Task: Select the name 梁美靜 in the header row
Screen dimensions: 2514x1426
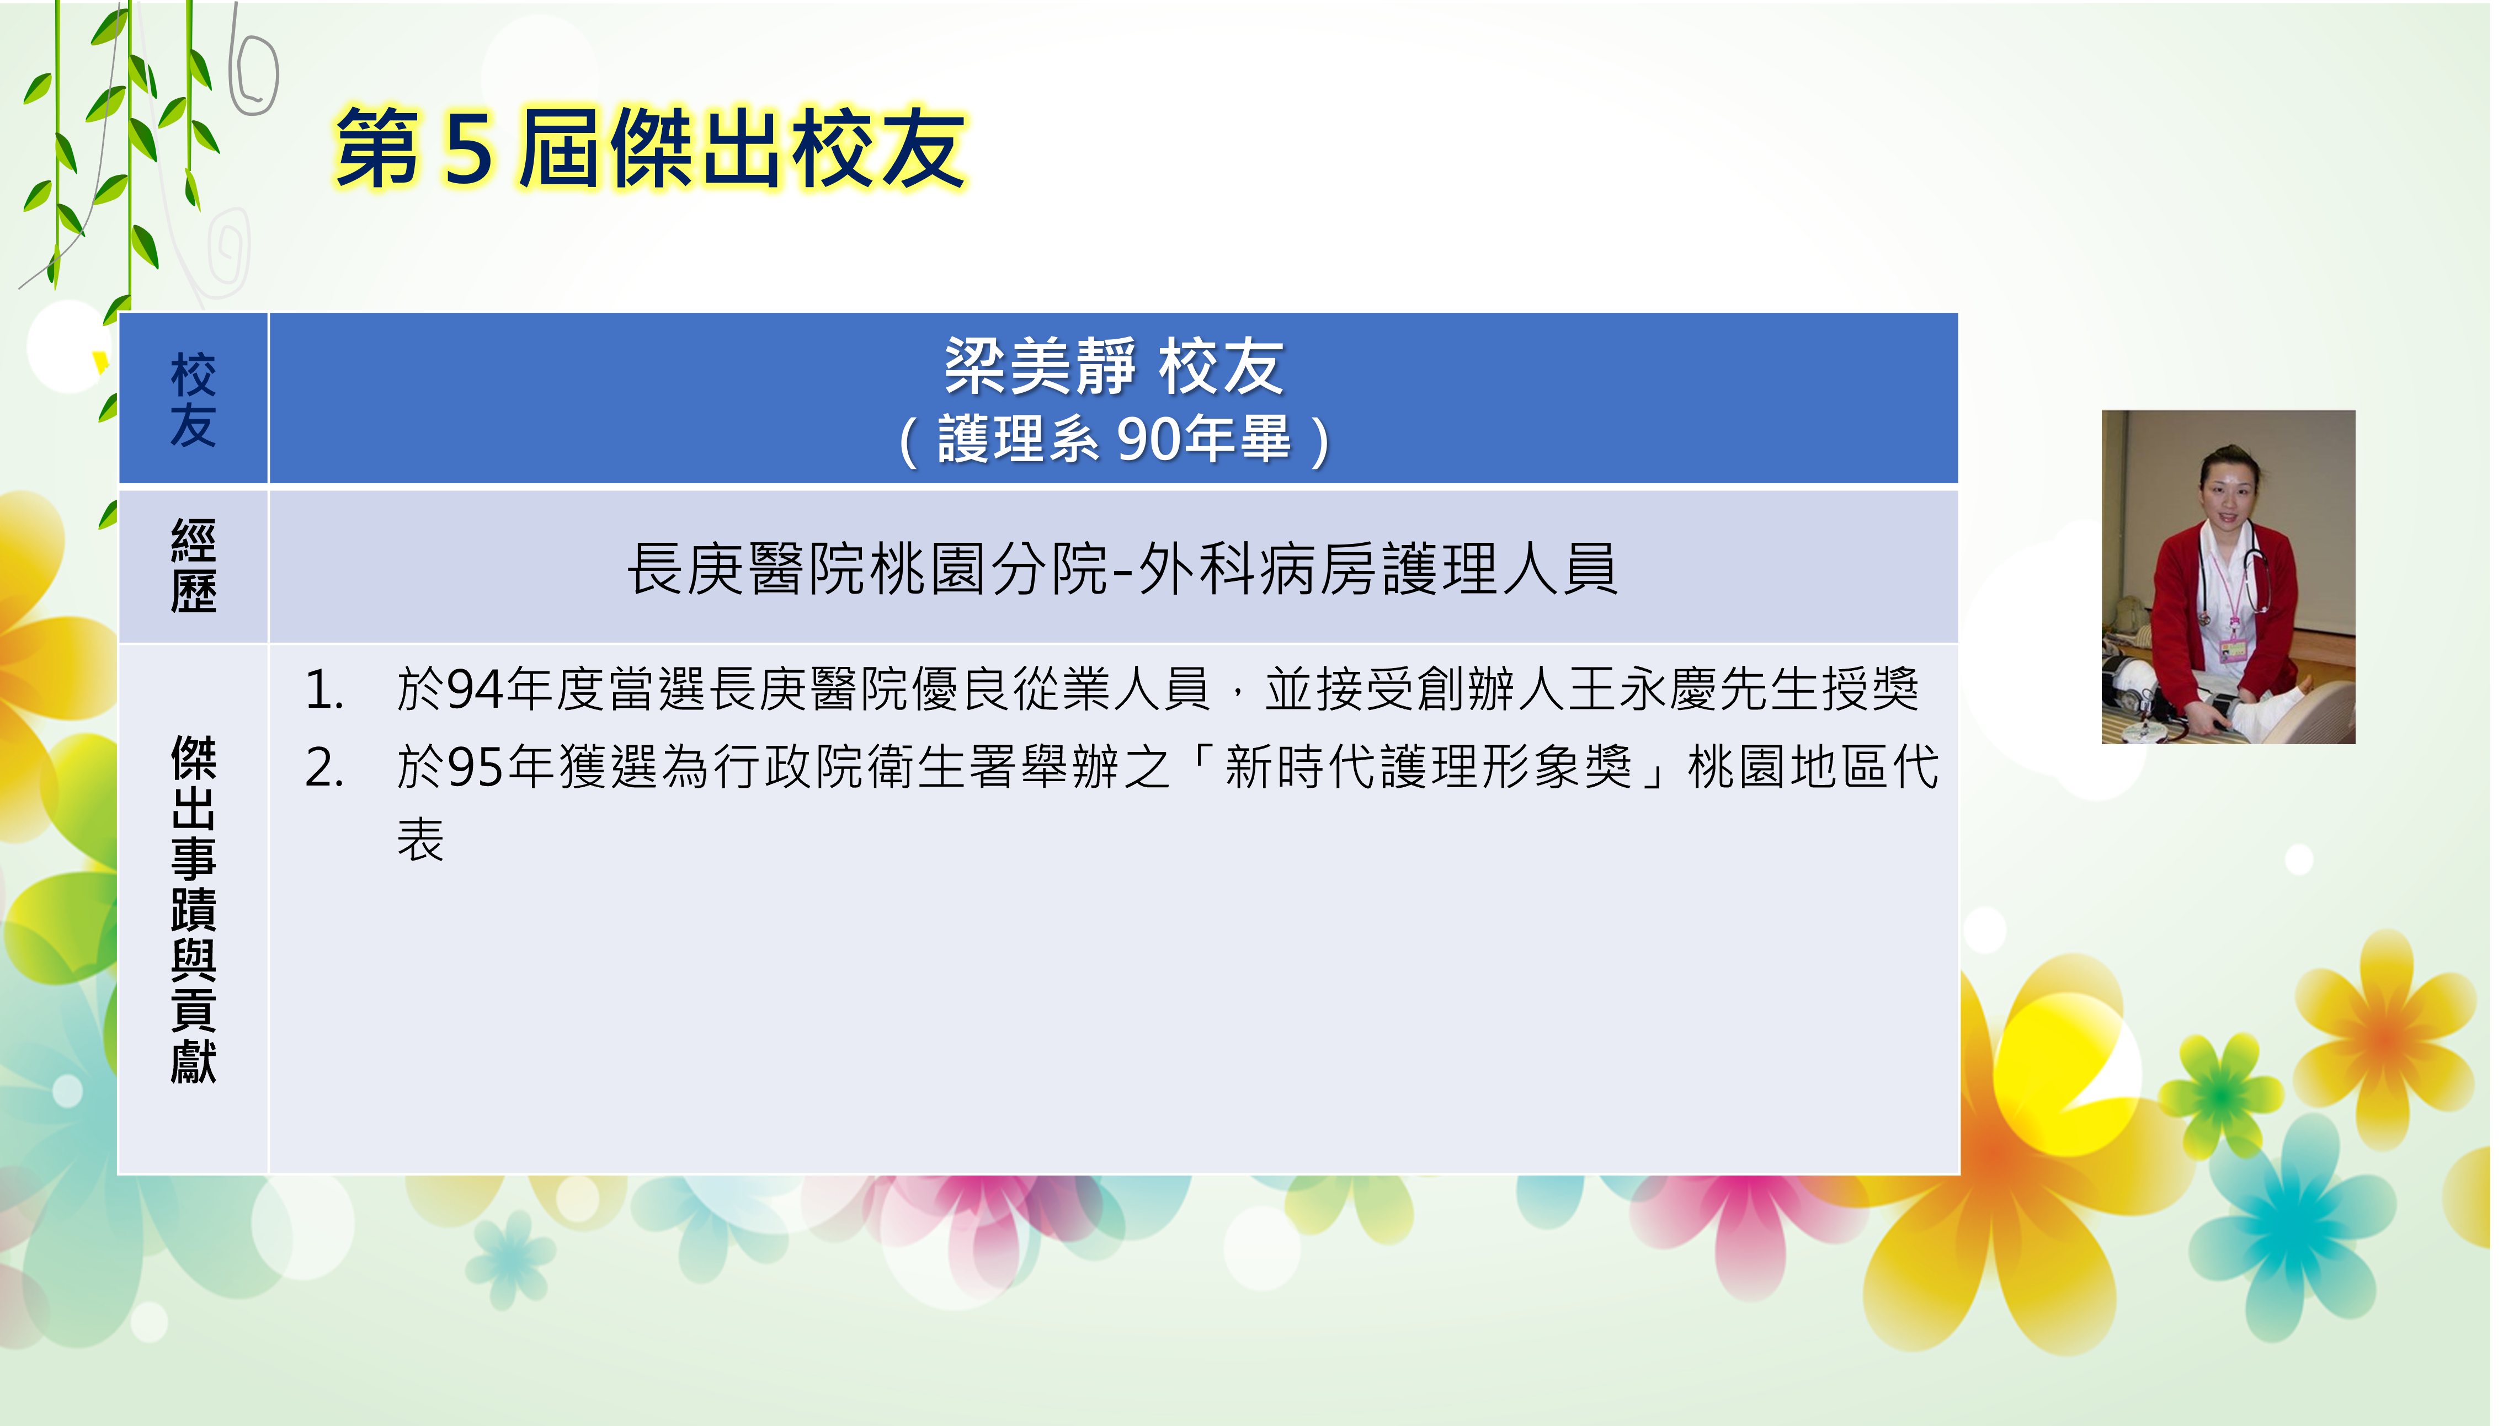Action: coord(1040,366)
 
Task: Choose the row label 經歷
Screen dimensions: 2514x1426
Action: coord(193,566)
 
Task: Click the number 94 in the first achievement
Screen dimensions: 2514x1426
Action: coord(476,690)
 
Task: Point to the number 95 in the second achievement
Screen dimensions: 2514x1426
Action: coord(476,767)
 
